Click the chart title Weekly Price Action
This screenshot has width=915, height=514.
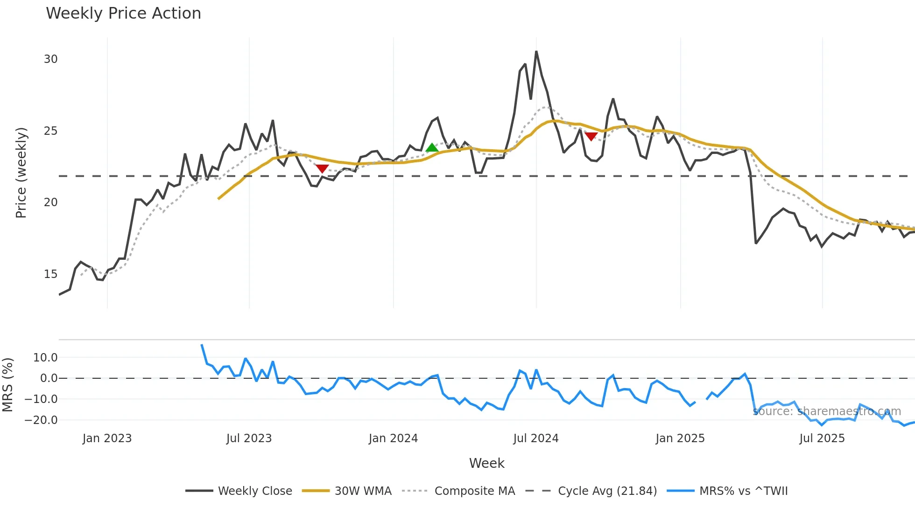[123, 14]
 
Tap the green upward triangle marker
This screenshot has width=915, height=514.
[432, 148]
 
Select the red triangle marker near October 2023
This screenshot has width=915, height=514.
[322, 168]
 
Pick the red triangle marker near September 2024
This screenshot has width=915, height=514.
[591, 137]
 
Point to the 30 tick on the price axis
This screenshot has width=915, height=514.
[51, 59]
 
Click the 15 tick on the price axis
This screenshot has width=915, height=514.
[51, 274]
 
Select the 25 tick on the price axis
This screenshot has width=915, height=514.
[51, 131]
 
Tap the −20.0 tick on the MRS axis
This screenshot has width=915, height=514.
[41, 420]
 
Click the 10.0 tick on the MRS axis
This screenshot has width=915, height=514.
[45, 358]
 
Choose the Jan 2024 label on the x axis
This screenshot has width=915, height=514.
[393, 438]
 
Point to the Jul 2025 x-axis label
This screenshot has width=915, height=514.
[822, 438]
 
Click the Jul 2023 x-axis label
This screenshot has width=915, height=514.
[249, 438]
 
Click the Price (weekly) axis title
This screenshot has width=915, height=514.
[21, 173]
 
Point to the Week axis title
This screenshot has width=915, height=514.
[486, 463]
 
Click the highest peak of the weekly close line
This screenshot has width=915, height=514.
[536, 52]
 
